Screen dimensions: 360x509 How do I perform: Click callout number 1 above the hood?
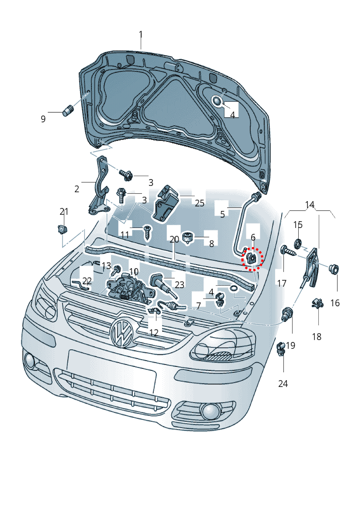coord(141,35)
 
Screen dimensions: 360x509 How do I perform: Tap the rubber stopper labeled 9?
coord(68,110)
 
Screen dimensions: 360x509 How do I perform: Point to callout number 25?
coord(200,203)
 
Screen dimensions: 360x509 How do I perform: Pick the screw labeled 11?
coord(147,233)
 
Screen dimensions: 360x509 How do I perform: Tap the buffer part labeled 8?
coord(188,238)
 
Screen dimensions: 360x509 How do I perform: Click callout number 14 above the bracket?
coord(310,205)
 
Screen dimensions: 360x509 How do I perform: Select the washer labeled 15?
coord(298,243)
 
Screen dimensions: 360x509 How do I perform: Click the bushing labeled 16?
coord(334,269)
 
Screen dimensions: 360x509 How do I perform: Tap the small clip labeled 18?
coord(318,303)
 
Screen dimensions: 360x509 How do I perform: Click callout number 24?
coord(283,384)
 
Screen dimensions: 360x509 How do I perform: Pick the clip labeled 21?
coord(62,229)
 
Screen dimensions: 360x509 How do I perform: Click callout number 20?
coord(174,239)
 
